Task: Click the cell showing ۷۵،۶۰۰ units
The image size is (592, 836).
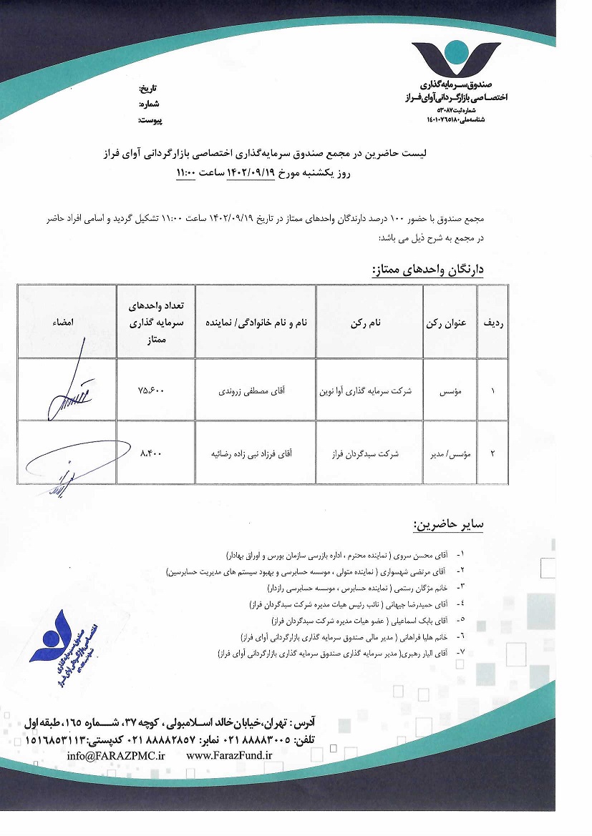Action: tap(155, 391)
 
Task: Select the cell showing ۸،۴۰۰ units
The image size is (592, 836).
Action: tap(155, 453)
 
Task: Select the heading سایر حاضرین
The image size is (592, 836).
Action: tap(448, 525)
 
